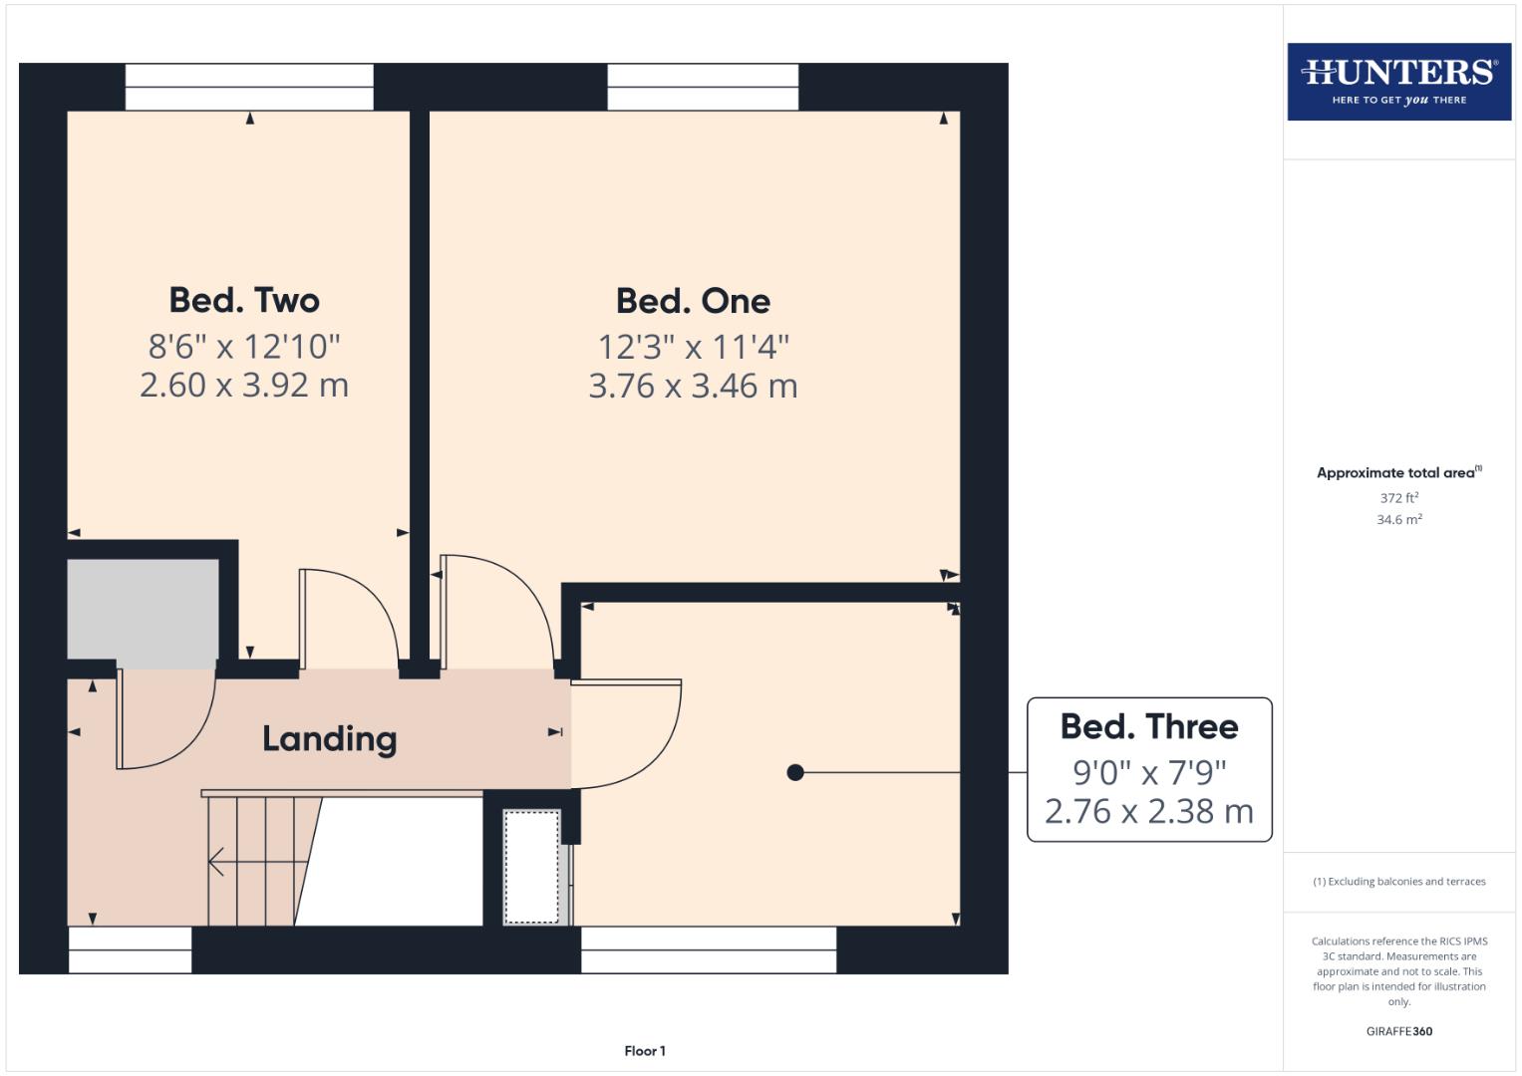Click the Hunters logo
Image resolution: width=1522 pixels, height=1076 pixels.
pos(1398,81)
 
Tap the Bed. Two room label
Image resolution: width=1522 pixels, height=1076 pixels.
pos(244,300)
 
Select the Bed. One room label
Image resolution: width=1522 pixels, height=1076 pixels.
pos(693,301)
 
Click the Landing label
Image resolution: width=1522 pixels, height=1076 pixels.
pos(329,738)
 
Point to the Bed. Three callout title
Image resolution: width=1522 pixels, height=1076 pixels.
pos(1149,726)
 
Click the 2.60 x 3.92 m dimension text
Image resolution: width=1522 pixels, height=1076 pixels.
pos(244,385)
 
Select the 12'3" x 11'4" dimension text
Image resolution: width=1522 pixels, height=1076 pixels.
pos(693,347)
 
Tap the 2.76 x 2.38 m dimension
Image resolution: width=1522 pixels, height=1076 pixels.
pos(1149,811)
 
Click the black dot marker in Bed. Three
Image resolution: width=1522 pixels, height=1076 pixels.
pos(795,772)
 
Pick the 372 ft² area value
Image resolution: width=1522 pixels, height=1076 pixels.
pos(1398,497)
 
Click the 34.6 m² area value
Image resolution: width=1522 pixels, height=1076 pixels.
pos(1398,519)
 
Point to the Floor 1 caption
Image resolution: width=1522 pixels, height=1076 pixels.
pos(645,1050)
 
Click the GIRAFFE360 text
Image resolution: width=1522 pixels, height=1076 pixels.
pos(1398,1031)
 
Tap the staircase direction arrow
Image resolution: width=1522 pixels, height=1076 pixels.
pos(229,861)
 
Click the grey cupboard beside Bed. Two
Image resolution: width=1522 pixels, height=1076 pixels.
pos(143,609)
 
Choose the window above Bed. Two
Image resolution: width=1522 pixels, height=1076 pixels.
pos(249,87)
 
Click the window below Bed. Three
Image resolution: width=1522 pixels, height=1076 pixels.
pos(709,949)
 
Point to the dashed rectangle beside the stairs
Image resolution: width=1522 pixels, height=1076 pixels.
pos(531,866)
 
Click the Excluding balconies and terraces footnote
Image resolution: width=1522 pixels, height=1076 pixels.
pos(1398,882)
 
